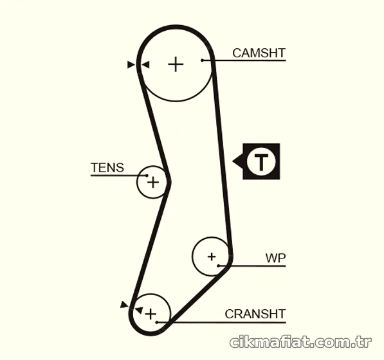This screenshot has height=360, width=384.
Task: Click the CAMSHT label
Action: (x=259, y=53)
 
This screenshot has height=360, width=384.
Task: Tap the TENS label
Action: (x=107, y=168)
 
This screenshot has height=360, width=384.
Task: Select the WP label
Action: (x=275, y=258)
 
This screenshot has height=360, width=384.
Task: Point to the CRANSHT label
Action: (x=255, y=314)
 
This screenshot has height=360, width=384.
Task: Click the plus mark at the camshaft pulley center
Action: (x=176, y=64)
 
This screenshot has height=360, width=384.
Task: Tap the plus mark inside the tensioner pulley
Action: (x=153, y=183)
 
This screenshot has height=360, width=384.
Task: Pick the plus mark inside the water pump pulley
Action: (x=212, y=256)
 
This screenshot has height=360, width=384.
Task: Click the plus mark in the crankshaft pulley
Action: (x=151, y=314)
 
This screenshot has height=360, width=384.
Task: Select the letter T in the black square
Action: (x=261, y=162)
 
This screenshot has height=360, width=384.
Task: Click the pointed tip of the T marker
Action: (x=232, y=161)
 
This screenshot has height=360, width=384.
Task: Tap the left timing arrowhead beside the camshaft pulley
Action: (x=131, y=65)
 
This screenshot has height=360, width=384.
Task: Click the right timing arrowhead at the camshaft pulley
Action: (x=145, y=65)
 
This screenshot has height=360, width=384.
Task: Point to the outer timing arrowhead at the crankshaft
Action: (x=124, y=305)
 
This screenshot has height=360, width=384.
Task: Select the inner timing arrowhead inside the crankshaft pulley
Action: (x=140, y=310)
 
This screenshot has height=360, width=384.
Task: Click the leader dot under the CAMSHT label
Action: (x=202, y=60)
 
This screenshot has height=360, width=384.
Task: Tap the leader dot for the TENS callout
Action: (x=147, y=175)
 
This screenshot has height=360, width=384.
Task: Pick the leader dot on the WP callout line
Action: (x=219, y=265)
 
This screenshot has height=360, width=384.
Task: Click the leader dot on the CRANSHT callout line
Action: (x=157, y=322)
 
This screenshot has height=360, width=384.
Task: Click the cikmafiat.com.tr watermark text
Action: (x=301, y=341)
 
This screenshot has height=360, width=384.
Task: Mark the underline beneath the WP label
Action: (x=252, y=265)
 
